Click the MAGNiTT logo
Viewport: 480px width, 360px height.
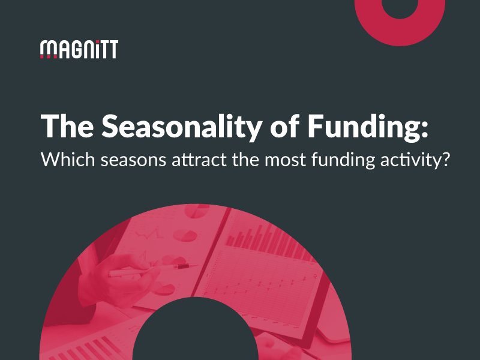(79, 49)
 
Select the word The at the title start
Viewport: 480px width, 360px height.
(64, 127)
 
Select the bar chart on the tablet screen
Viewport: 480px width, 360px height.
(270, 237)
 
